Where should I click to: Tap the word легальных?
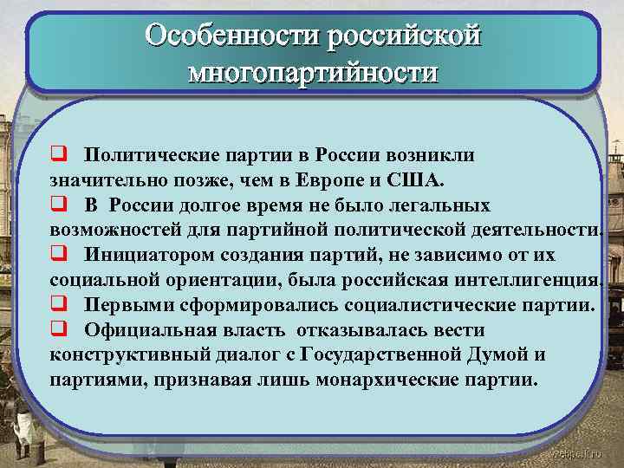point(440,205)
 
